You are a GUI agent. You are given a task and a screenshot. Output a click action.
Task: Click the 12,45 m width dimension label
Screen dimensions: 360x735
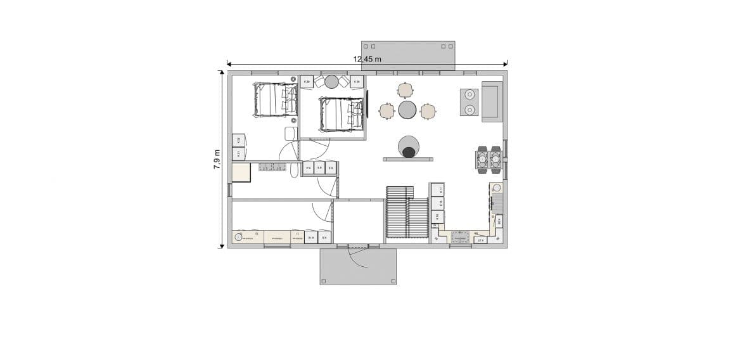pos(367,59)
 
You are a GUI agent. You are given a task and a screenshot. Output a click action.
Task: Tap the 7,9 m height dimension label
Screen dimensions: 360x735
pos(217,159)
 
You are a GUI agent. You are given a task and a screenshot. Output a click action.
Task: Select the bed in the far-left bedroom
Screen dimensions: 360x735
pos(275,100)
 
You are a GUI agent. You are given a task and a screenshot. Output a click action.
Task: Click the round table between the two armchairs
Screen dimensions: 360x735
pos(332,81)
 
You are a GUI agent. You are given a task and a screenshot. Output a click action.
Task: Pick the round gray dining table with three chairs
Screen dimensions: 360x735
pos(407,110)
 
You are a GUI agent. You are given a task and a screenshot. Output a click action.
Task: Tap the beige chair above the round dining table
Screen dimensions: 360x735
pos(406,89)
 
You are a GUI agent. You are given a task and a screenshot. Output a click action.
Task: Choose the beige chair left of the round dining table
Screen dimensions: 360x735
pos(386,111)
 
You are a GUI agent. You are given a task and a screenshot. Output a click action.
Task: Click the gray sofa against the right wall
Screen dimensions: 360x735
pos(491,101)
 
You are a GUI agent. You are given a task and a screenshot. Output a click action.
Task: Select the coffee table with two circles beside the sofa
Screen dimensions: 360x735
pos(470,102)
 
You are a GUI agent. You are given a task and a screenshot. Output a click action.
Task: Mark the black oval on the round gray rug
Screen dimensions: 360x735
pos(409,151)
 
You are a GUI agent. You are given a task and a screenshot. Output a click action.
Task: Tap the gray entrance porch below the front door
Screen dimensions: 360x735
pos(358,266)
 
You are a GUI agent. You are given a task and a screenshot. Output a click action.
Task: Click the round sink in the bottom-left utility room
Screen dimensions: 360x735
pos(239,237)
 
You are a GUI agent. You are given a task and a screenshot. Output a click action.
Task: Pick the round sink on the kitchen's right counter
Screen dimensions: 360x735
pos(497,188)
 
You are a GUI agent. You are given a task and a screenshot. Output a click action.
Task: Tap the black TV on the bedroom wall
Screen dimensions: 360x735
pos(367,103)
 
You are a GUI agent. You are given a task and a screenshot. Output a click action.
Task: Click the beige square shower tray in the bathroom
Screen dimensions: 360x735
pos(241,172)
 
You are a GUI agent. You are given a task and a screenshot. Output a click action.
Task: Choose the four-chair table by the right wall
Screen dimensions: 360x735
pos(489,160)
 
